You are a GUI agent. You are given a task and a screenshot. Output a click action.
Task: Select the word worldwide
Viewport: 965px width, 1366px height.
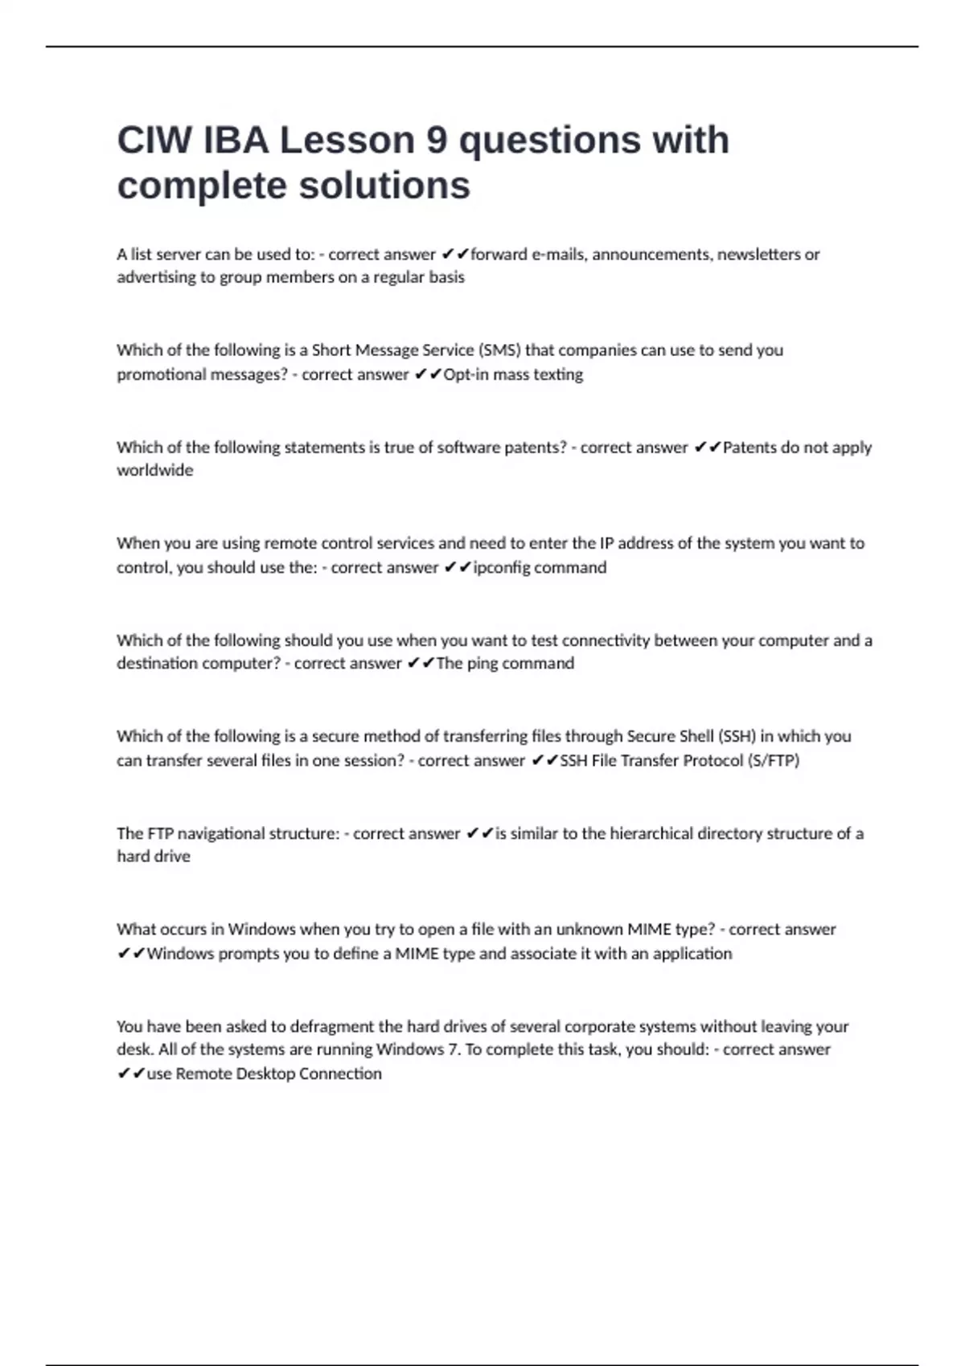(154, 470)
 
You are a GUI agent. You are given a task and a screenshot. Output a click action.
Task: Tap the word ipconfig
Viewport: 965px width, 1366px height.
(502, 568)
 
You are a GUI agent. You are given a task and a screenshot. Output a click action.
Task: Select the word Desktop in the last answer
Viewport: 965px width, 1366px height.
(265, 1074)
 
